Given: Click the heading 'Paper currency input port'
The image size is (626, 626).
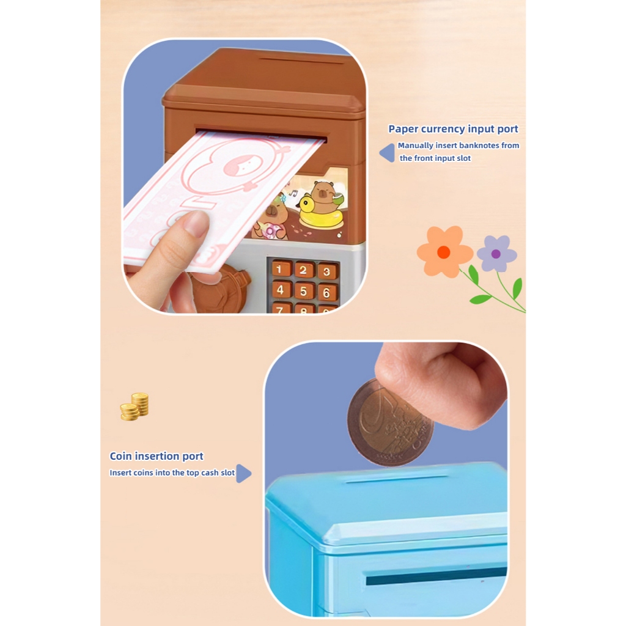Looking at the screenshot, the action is click(453, 129).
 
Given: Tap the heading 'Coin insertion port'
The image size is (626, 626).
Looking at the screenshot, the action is click(156, 456).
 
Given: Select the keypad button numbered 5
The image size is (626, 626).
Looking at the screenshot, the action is click(303, 291).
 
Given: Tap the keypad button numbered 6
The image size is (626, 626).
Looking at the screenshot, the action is click(328, 293).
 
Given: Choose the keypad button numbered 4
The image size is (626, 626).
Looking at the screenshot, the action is click(280, 289).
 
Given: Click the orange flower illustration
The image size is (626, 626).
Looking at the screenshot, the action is click(444, 251).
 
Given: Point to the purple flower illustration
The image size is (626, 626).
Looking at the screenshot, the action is click(496, 254).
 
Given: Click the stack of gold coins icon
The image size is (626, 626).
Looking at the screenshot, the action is click(134, 407).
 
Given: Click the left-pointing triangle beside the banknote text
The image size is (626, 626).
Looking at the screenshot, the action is click(387, 153).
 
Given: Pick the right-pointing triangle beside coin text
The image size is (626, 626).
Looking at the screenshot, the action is click(243, 474).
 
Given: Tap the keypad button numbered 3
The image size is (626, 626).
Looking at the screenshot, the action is click(327, 271).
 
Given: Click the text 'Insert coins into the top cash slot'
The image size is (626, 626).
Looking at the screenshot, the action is click(172, 473).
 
